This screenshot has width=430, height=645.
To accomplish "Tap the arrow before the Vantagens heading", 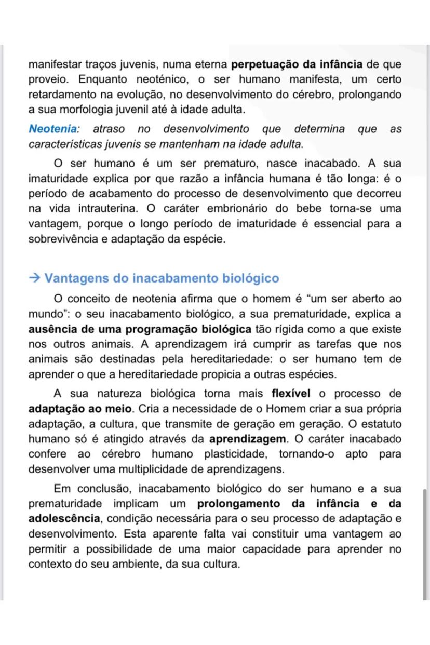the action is [34, 278].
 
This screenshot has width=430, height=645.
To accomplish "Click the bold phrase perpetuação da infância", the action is [297, 65].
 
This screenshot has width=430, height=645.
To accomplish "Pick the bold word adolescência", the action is [64, 519].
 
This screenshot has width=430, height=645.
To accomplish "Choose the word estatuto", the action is [382, 424].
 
